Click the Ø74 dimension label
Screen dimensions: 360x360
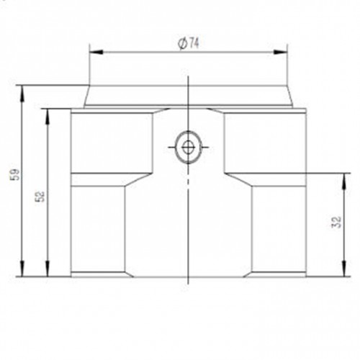coord(189,44)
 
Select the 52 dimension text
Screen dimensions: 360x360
coord(40,196)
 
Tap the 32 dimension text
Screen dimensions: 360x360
coord(337,222)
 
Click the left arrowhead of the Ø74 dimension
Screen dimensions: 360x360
coord(96,52)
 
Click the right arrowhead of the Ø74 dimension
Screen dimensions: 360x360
coord(281,52)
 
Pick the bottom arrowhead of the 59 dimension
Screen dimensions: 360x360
coord(22,269)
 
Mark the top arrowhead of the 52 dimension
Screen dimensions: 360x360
coord(48,116)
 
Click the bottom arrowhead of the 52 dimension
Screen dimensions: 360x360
coord(48,269)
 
